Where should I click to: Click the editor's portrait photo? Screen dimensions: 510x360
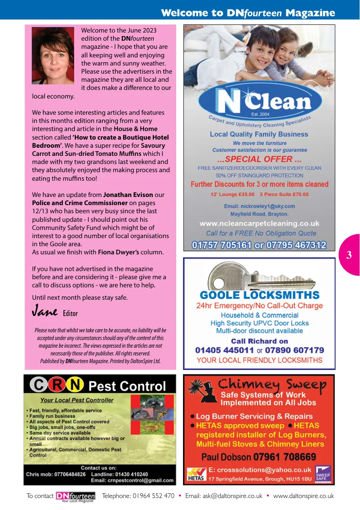tap(53, 56)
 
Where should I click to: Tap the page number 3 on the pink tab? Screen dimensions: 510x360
tap(349, 256)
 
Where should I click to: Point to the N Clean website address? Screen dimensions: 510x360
tap(259, 223)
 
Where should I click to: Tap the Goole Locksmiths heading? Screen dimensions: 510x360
tap(259, 295)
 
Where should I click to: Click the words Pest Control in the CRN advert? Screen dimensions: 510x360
tap(127, 386)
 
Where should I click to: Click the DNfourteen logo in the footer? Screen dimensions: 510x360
tap(75, 497)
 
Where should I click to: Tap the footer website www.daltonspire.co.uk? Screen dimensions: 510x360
tap(303, 496)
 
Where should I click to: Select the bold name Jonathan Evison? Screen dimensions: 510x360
tap(128, 195)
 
